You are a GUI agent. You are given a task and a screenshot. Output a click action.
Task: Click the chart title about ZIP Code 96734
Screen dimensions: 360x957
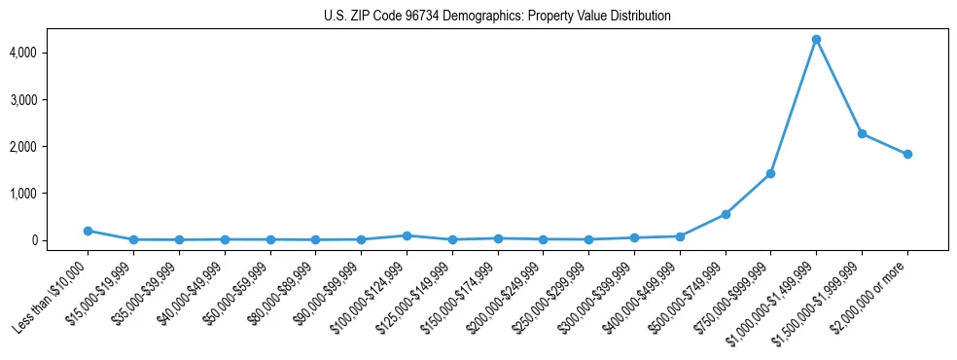coord(497,17)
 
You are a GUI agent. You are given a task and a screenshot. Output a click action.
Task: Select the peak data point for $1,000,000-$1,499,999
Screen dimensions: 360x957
coord(816,40)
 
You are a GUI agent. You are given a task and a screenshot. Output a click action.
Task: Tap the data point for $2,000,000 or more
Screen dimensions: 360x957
coord(907,154)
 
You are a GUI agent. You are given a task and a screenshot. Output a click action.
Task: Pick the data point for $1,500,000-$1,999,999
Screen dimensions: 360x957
coord(862,133)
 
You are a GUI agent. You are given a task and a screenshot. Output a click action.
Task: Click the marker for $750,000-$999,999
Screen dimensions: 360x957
coord(770,173)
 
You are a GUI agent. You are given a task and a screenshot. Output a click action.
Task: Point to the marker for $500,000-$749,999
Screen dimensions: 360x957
coord(726,214)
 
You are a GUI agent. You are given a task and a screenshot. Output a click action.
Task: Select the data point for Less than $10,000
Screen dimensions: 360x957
coord(88,231)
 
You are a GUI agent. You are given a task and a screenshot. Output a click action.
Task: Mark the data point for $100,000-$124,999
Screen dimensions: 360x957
coord(407,235)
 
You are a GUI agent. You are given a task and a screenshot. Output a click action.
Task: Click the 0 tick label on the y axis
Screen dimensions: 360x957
coord(62,240)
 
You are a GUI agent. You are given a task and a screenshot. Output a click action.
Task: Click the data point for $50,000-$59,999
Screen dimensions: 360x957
coord(270,239)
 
